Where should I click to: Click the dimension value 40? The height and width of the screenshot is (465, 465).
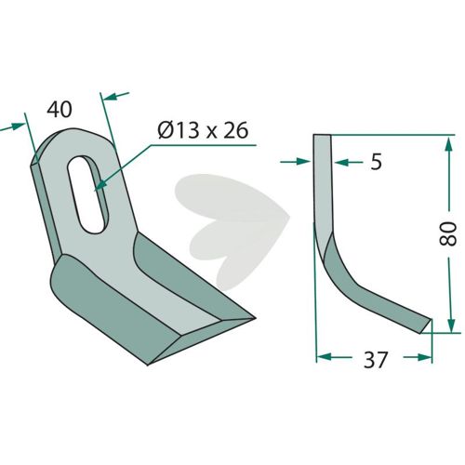(60, 110)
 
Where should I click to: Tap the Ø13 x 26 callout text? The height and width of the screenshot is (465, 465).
(203, 130)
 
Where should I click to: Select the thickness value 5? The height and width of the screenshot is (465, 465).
(376, 162)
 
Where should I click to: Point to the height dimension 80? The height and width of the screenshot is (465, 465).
(448, 233)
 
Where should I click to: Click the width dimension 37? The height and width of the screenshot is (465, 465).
(376, 360)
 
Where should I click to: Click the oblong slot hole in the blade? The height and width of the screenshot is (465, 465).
(88, 194)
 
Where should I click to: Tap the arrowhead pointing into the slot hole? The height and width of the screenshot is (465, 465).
(100, 185)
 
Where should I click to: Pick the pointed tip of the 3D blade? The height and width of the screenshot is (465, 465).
(254, 318)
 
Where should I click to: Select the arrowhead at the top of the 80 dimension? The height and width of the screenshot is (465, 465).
(448, 144)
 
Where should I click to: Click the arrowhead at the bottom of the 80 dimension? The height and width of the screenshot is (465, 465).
(451, 324)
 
